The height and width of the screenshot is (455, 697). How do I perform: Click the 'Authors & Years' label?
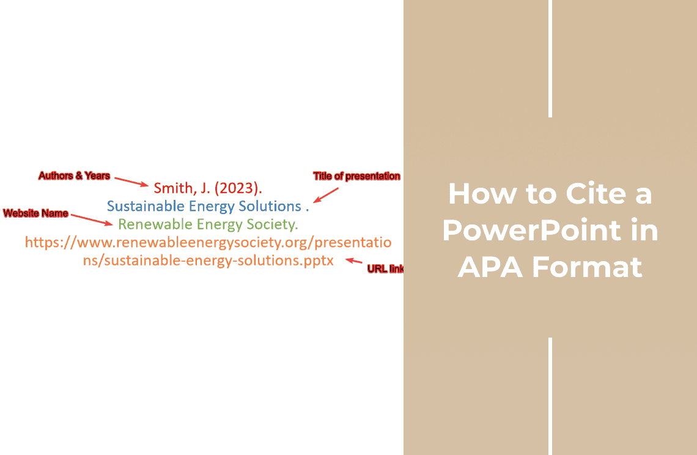pyautogui.click(x=74, y=176)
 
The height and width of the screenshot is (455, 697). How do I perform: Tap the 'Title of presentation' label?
pyautogui.click(x=356, y=176)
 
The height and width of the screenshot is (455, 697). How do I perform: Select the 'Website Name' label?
pyautogui.click(x=35, y=213)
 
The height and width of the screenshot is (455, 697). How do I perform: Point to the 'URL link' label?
pyautogui.click(x=385, y=268)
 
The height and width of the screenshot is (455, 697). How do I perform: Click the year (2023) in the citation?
pyautogui.click(x=238, y=188)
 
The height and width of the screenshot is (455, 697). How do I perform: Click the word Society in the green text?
pyautogui.click(x=272, y=224)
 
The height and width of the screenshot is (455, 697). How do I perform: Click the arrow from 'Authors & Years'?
pyautogui.click(x=131, y=182)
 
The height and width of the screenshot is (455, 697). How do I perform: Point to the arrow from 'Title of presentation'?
pyautogui.click(x=326, y=195)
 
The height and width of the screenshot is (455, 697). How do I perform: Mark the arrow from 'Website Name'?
pyautogui.click(x=92, y=220)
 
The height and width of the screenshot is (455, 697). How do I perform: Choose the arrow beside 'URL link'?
pyautogui.click(x=354, y=261)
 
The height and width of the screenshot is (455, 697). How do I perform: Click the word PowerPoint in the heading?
pyautogui.click(x=532, y=231)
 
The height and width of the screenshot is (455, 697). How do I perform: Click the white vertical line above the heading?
pyautogui.click(x=550, y=59)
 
